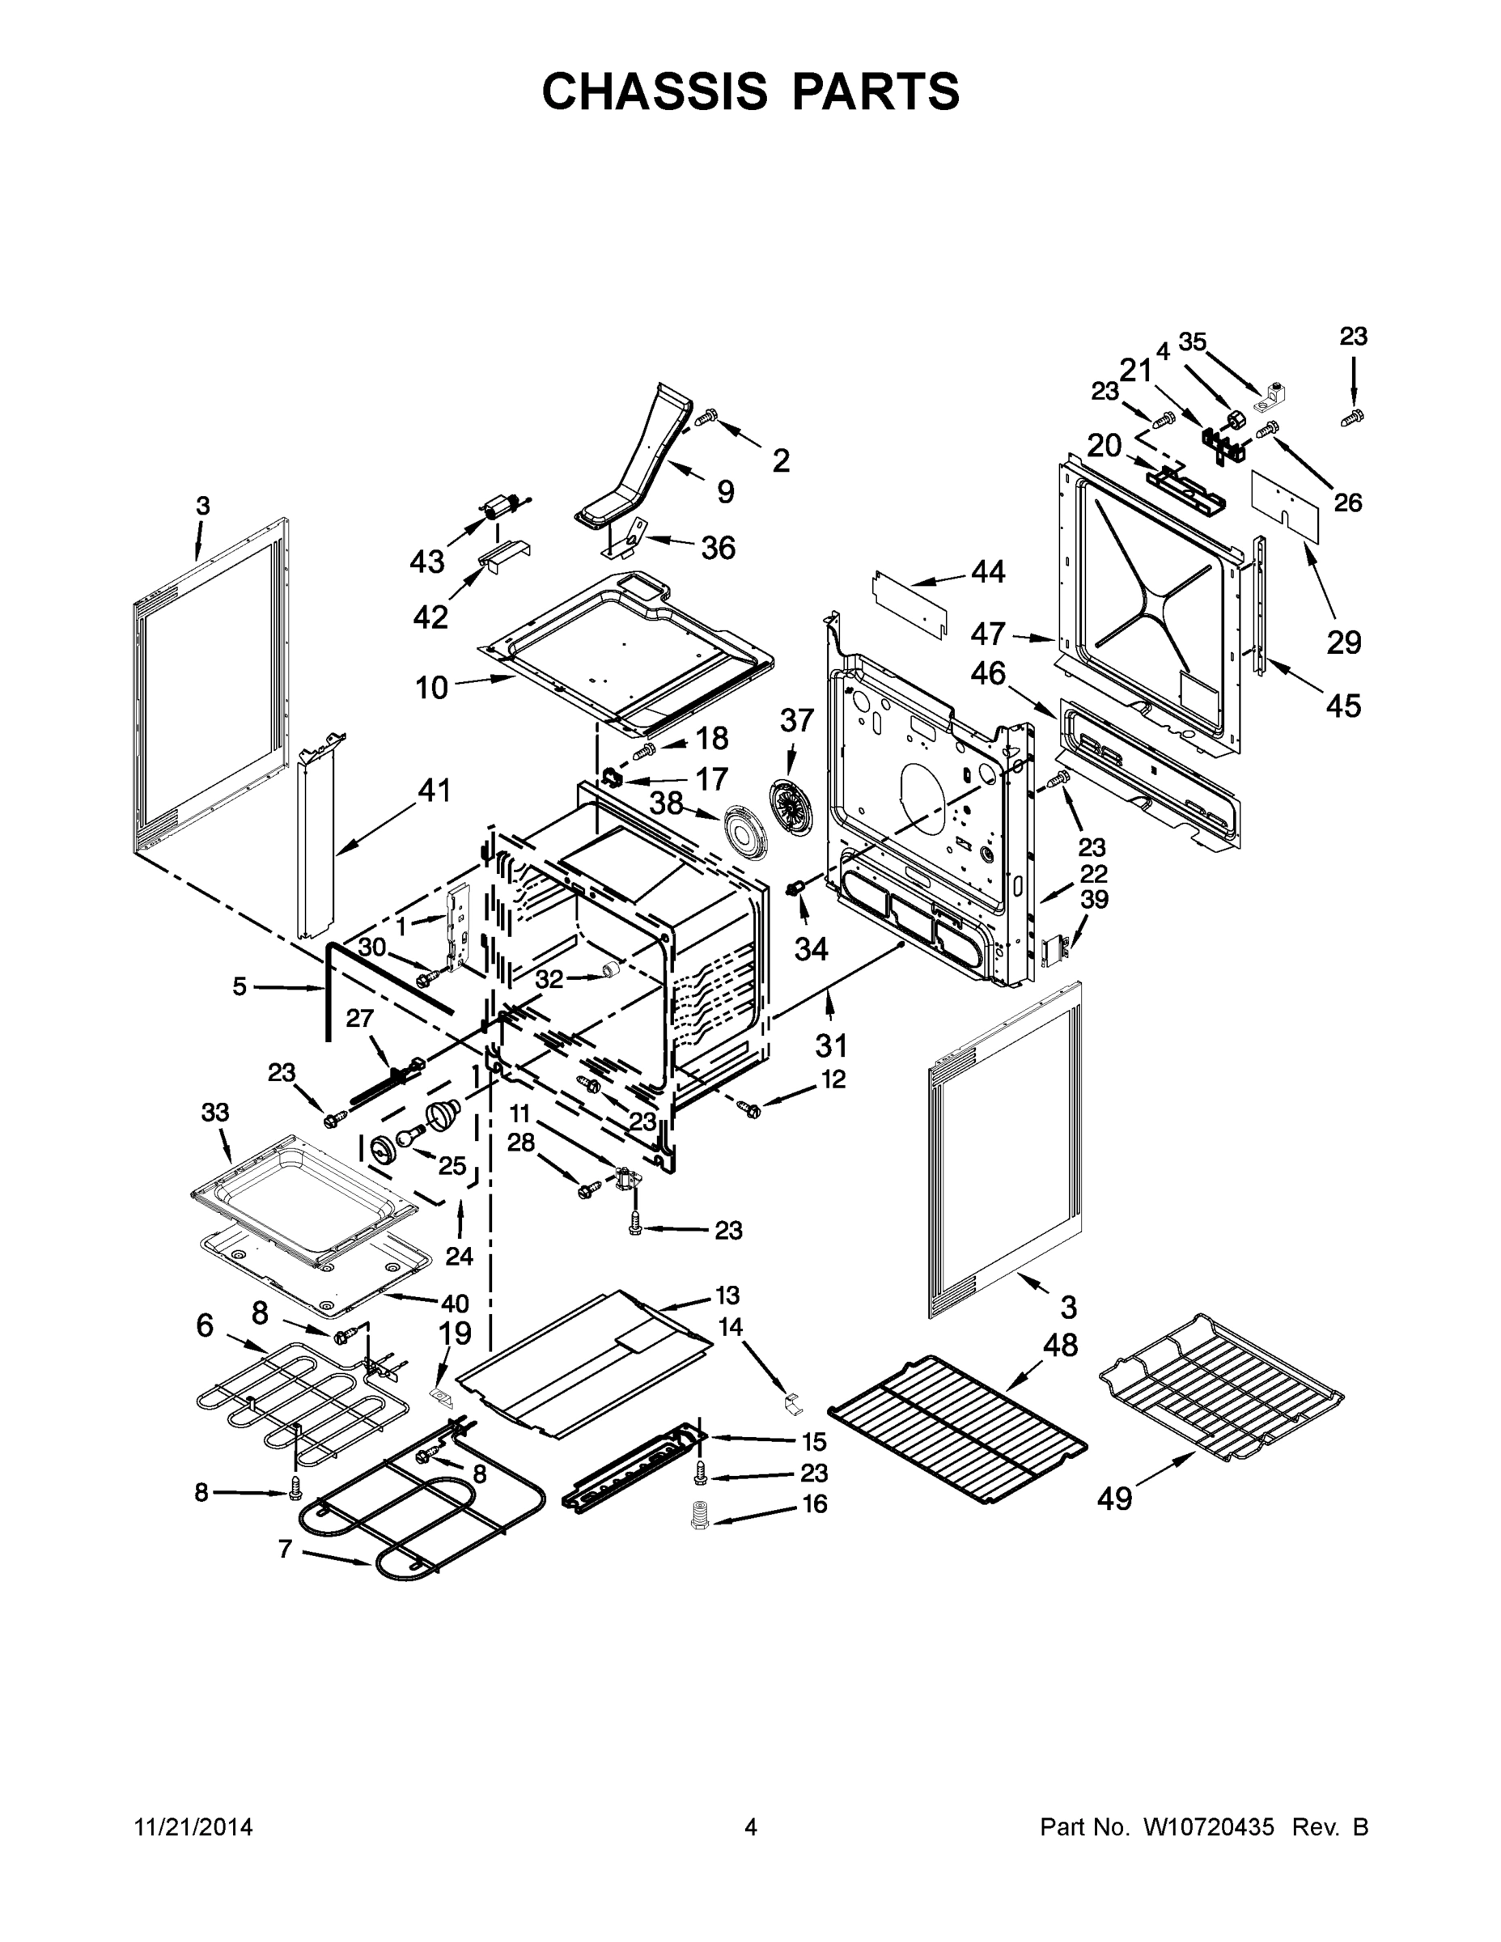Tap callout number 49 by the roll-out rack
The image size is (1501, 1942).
[x=1114, y=1499]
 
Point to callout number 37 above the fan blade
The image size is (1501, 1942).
[x=797, y=720]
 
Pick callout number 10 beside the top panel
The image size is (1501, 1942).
[x=432, y=687]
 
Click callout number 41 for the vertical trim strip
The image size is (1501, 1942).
[x=434, y=790]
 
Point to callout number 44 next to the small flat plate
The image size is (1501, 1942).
[x=988, y=572]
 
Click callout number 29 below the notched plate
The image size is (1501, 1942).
[x=1343, y=641]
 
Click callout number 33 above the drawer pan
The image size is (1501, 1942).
[x=215, y=1113]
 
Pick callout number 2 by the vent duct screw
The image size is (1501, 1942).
[x=780, y=460]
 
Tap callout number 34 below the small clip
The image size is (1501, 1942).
[x=810, y=950]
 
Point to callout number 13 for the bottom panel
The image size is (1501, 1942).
[x=727, y=1295]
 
